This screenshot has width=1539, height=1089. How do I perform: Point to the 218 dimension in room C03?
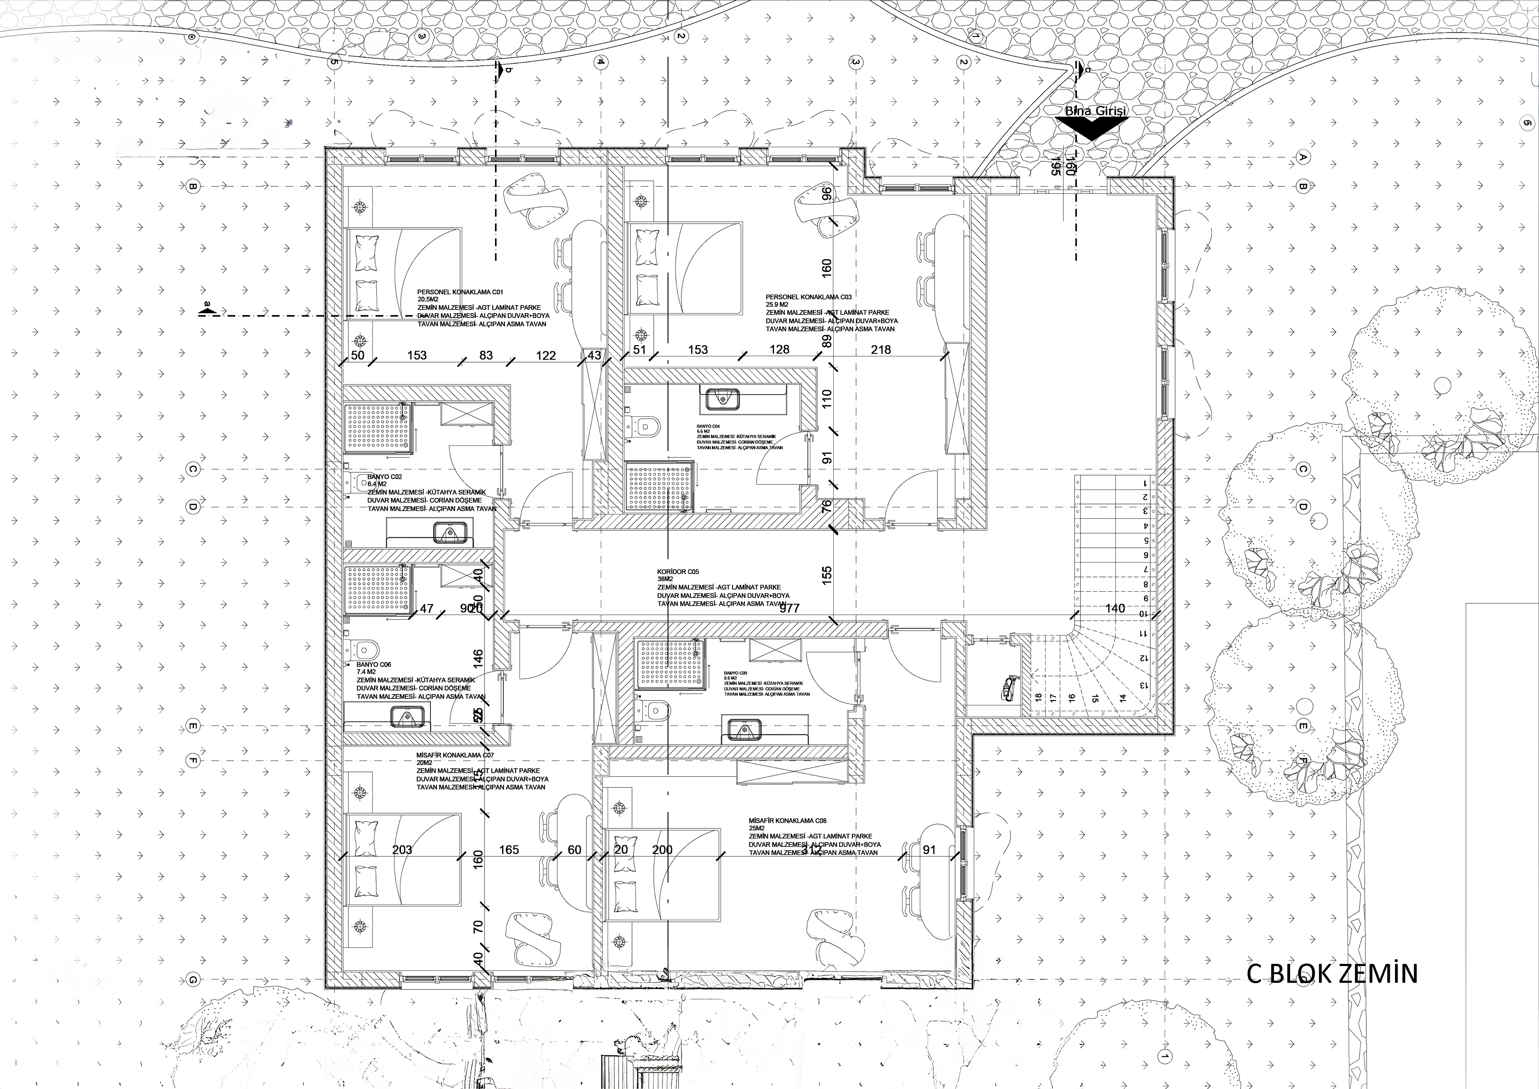(881, 349)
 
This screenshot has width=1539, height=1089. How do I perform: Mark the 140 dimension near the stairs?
(1115, 608)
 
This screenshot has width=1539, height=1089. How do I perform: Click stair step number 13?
(1141, 685)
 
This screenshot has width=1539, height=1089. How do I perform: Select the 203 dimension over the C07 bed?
(402, 850)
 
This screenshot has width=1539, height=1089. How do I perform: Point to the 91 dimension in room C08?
(929, 850)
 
